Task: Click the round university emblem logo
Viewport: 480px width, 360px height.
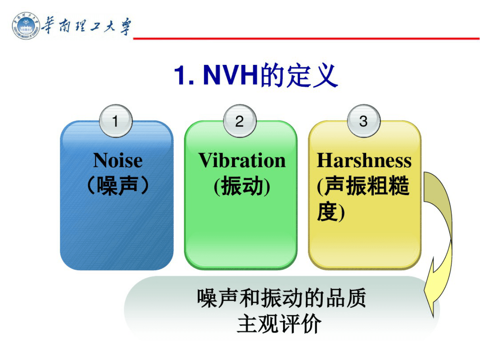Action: [25, 26]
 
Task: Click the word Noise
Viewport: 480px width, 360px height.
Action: [118, 160]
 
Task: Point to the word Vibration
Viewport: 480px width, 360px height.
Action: [242, 160]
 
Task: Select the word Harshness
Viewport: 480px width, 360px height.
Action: [364, 160]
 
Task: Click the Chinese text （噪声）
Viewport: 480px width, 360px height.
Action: [117, 186]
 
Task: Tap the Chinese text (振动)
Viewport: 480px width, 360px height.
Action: [242, 186]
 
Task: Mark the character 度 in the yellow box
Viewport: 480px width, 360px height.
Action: [327, 212]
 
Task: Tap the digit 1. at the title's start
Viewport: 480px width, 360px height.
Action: [184, 75]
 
